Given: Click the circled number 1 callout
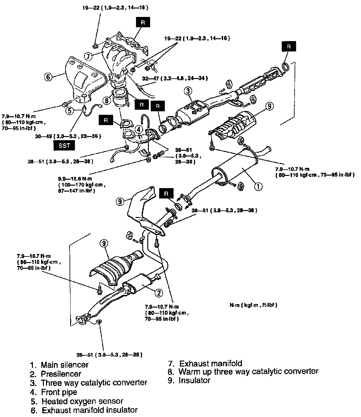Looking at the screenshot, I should pos(258,187).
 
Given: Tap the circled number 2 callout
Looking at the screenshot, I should pos(159,293).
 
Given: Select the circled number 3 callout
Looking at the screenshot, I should pos(188,91).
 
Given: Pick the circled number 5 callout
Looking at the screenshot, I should pos(70,110).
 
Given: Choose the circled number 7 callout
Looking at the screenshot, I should pos(89,56).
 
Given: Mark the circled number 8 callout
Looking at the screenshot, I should pos(107,101).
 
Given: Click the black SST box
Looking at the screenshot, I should pos(65,145).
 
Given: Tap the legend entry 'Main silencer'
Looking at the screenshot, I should pos(65,365).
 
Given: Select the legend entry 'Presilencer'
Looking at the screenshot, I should pos(61,374).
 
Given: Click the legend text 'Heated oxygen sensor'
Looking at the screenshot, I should pos(82,401).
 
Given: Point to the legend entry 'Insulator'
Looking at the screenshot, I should pos(194,380).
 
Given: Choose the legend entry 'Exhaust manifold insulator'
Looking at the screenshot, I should pos(90,410).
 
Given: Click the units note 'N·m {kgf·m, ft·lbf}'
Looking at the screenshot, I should pos(254,305).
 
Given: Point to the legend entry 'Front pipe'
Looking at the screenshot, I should pos(59,392).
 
